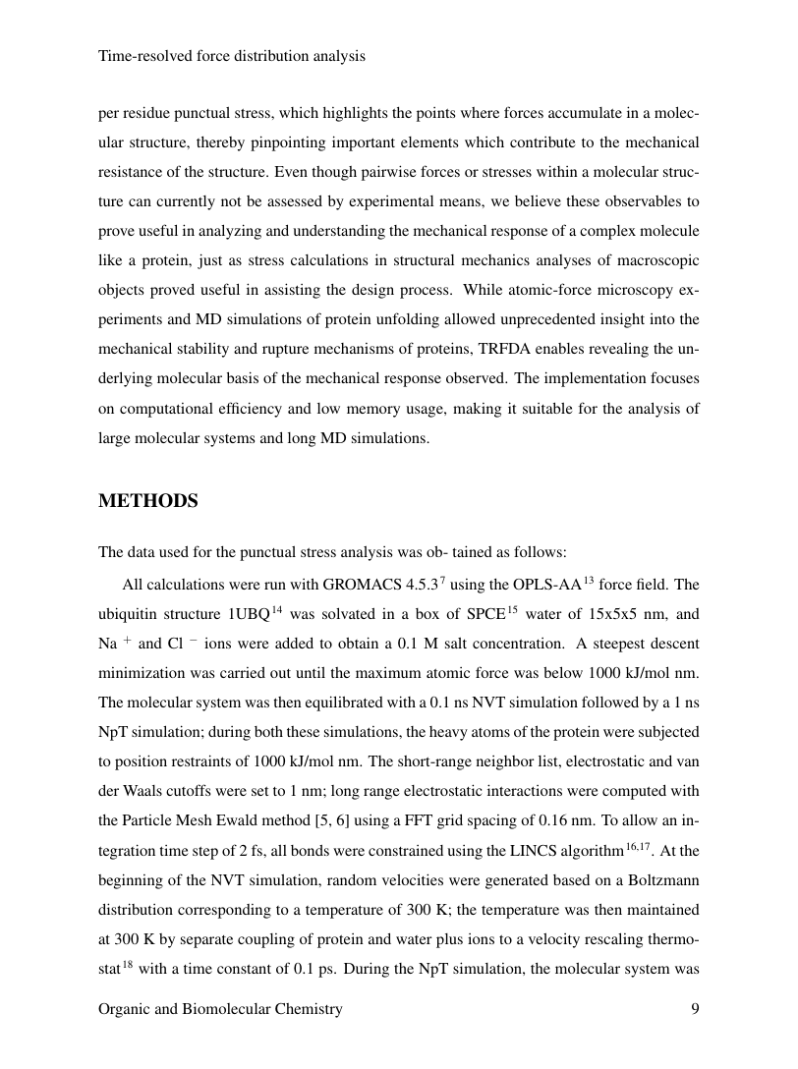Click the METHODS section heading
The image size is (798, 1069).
coord(148,501)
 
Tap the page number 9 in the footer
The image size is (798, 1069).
coord(695,1009)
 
